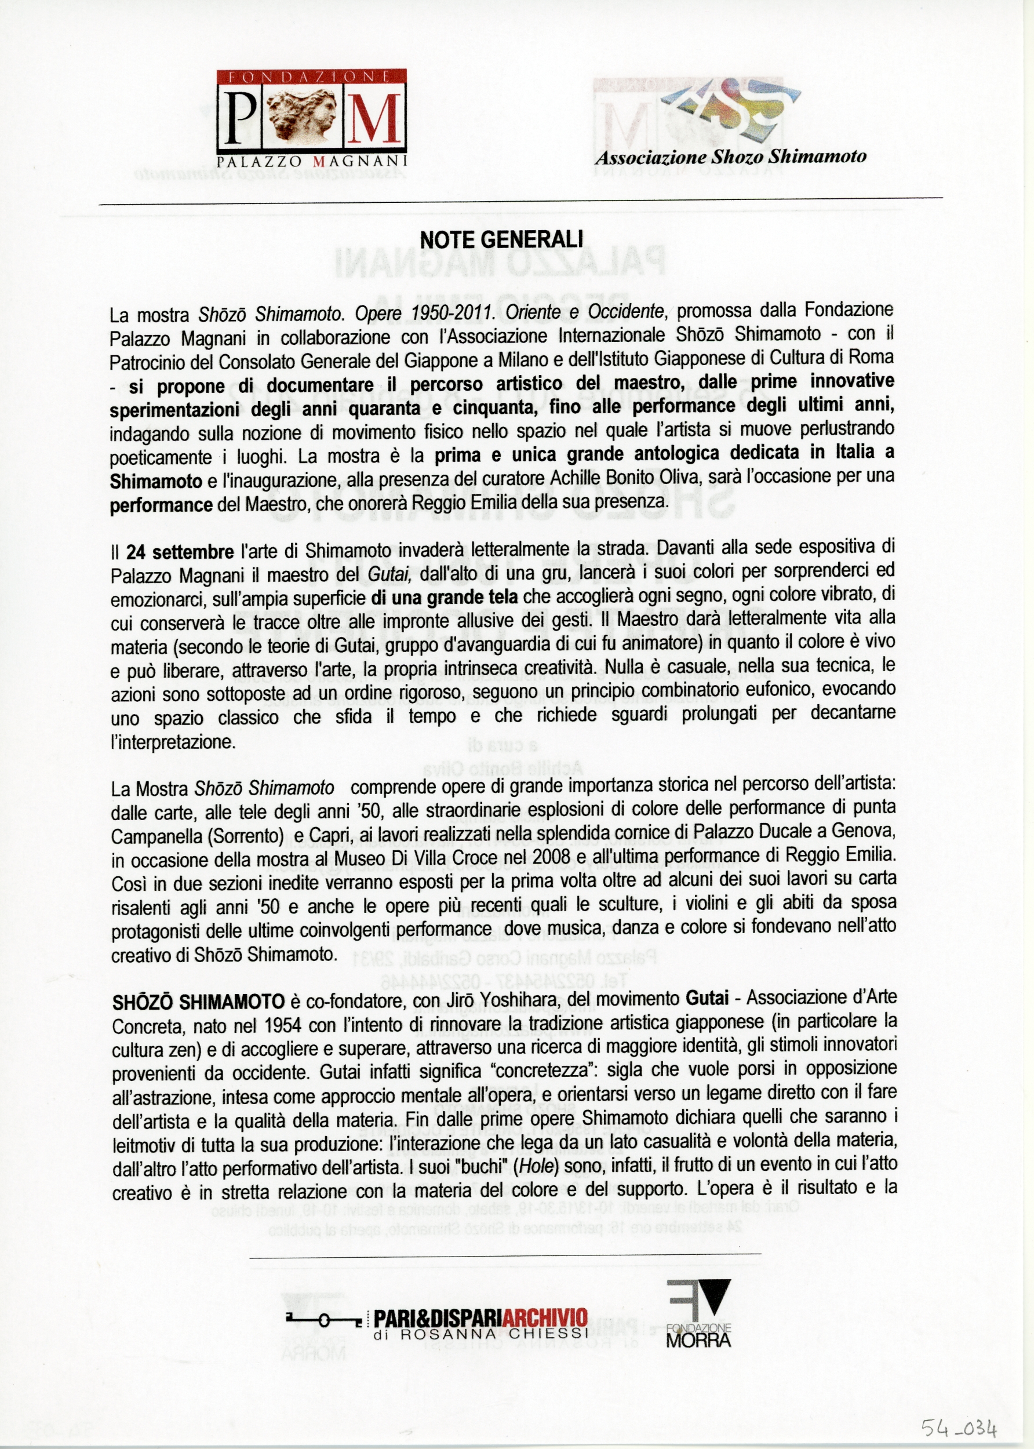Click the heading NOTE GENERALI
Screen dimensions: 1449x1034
click(x=502, y=240)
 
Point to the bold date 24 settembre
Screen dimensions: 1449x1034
click(x=180, y=551)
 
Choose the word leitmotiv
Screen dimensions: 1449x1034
click(x=144, y=1145)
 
